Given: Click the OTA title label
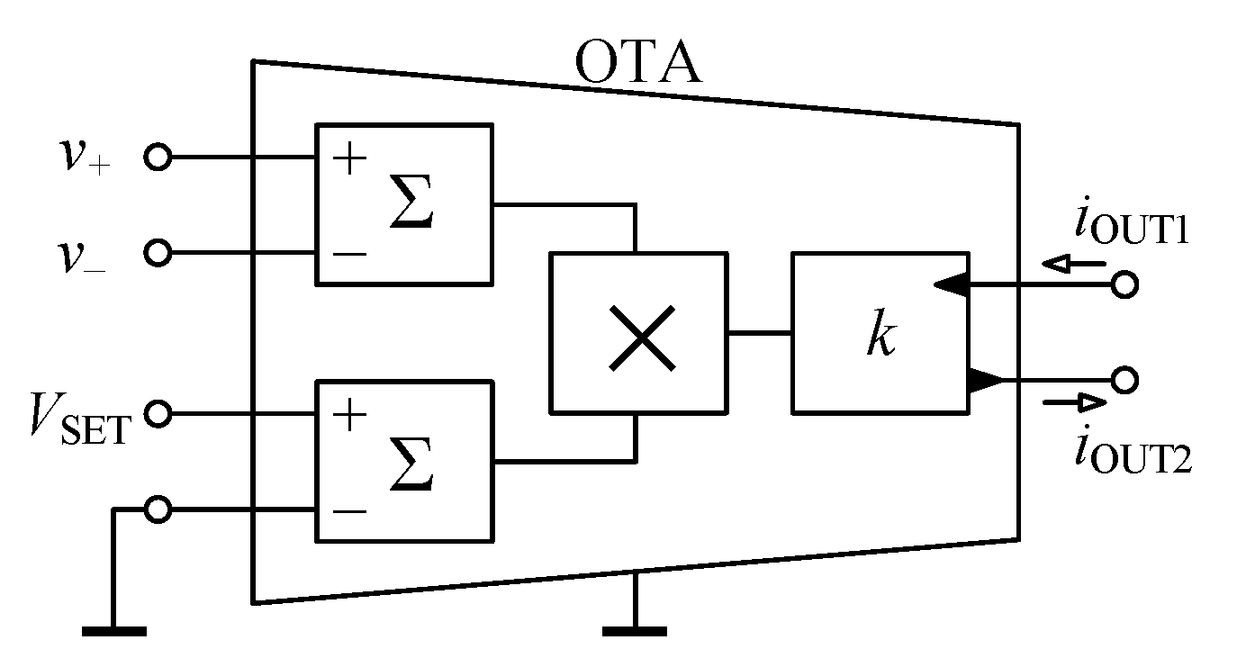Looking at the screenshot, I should (637, 64).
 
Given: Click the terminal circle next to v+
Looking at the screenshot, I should (158, 158).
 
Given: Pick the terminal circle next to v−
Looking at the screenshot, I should (158, 253).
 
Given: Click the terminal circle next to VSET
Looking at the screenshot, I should (158, 414).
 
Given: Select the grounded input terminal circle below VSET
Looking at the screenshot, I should (158, 509).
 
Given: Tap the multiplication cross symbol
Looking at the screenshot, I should (641, 337).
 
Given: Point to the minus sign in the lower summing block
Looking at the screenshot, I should (350, 511).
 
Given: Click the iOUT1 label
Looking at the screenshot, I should (1131, 226).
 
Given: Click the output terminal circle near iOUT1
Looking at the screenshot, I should (1123, 285).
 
